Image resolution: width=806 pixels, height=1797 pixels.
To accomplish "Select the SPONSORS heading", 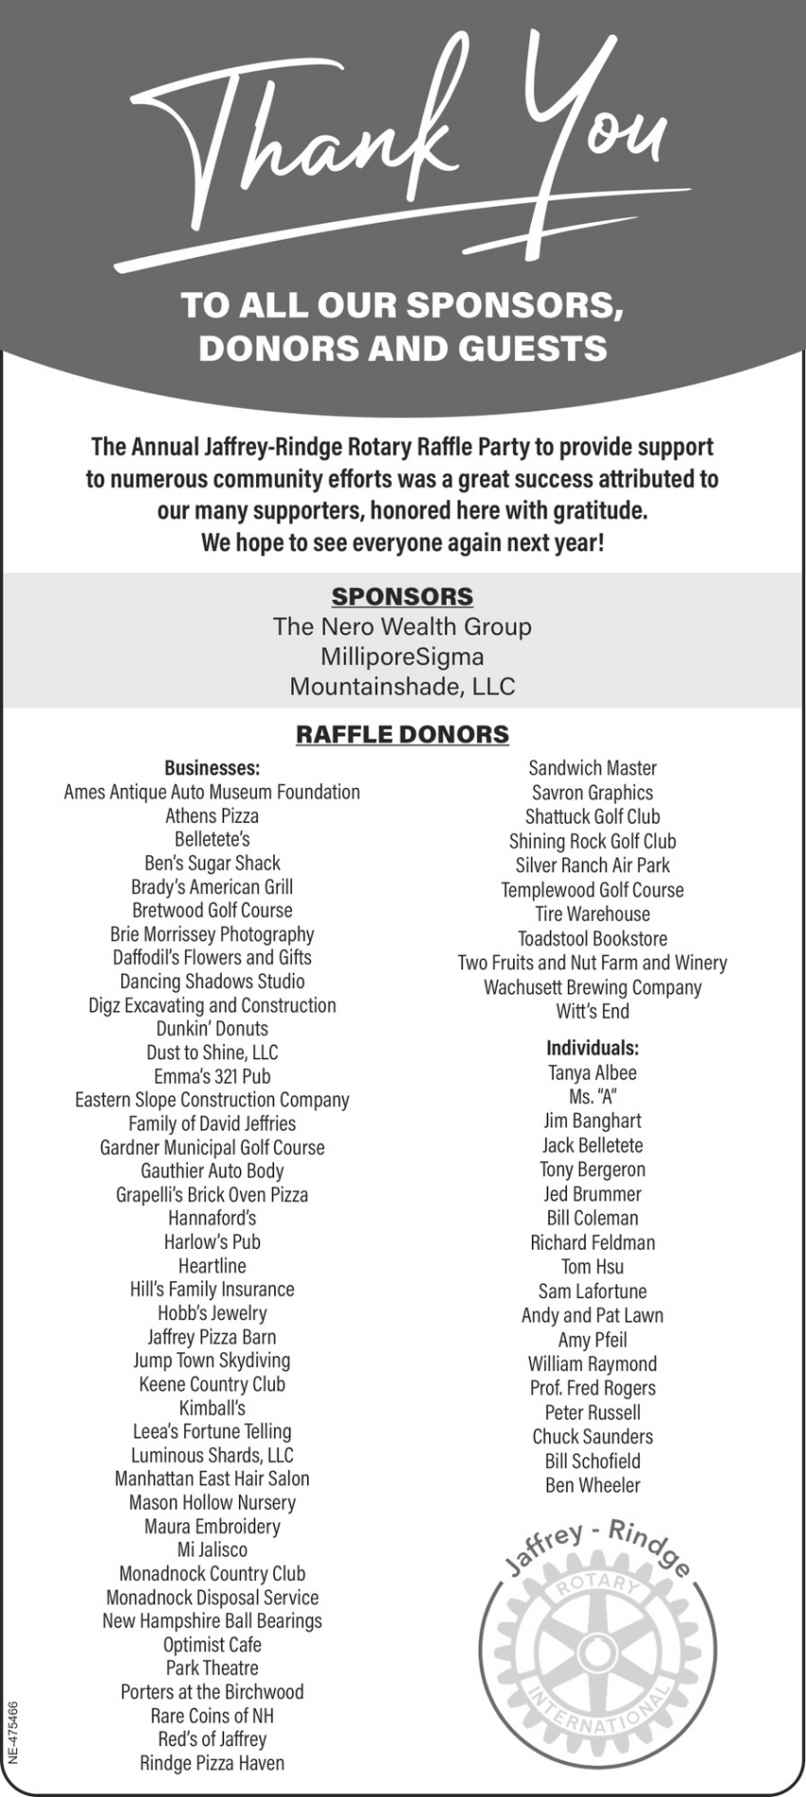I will click(402, 596).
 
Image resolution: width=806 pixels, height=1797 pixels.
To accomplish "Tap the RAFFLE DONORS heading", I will click(402, 734).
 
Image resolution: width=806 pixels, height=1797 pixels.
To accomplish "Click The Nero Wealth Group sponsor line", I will click(402, 627).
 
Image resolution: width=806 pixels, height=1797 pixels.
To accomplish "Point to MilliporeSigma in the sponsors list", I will click(402, 656).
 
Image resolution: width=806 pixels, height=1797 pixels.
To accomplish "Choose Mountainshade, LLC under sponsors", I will click(402, 687).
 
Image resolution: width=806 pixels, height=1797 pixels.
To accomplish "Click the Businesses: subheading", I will click(212, 768).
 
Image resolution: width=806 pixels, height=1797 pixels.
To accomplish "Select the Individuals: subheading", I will click(593, 1048).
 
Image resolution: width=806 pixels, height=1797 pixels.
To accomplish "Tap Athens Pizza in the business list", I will click(212, 816).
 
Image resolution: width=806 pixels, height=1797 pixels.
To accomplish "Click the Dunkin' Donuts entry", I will click(212, 1029).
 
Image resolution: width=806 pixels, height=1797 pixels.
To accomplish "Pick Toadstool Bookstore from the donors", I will click(593, 939).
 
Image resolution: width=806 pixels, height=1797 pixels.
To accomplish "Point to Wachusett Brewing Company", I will click(593, 987).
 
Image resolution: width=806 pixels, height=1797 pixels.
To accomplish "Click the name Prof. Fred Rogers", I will click(593, 1388).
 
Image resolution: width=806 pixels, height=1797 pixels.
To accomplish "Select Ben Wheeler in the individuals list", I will click(593, 1486).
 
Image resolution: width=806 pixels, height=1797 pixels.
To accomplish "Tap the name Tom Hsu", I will click(593, 1267).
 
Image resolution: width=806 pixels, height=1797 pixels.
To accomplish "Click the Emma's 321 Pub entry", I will click(212, 1076).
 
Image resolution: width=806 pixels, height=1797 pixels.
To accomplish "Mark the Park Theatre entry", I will click(212, 1668).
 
